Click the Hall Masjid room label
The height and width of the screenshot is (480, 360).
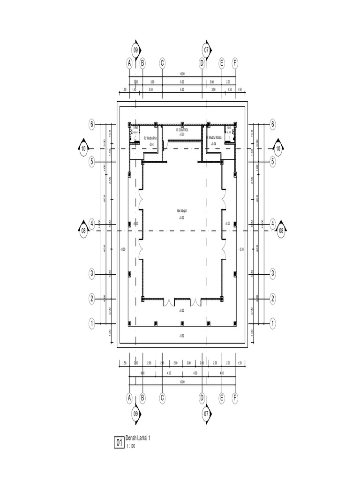(x=182, y=211)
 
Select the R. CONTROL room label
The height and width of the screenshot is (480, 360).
(x=181, y=130)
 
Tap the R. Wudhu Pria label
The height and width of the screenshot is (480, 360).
(x=150, y=138)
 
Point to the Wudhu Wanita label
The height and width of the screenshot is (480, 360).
(x=215, y=137)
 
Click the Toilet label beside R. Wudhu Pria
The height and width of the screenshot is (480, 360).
(x=135, y=127)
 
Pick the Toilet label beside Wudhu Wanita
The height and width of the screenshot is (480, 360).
(x=229, y=127)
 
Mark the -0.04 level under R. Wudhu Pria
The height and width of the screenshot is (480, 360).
(x=151, y=144)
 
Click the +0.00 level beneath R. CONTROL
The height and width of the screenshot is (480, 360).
(x=181, y=135)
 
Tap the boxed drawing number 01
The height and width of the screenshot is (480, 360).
(x=119, y=442)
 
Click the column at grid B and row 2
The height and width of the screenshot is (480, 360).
(x=142, y=298)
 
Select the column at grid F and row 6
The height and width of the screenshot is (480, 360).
(x=235, y=124)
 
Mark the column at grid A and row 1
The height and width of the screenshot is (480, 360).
(x=129, y=322)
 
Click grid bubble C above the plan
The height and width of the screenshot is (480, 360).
(x=162, y=63)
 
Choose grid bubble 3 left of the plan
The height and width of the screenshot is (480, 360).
(x=92, y=273)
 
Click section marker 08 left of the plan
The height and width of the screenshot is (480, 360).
(x=83, y=230)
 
